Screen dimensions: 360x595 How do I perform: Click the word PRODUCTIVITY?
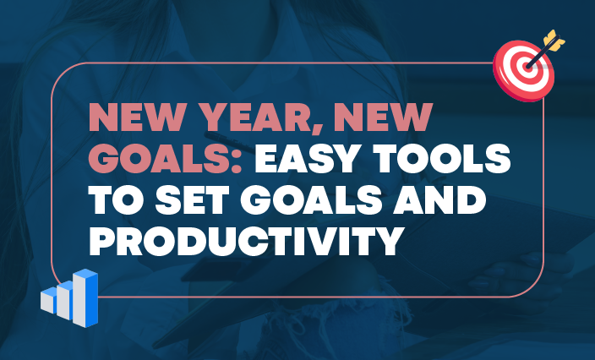pyautogui.click(x=243, y=241)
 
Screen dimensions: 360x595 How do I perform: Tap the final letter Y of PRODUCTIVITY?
pyautogui.click(x=384, y=241)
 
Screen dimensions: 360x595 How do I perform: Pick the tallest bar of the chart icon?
pyautogui.click(x=86, y=297)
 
